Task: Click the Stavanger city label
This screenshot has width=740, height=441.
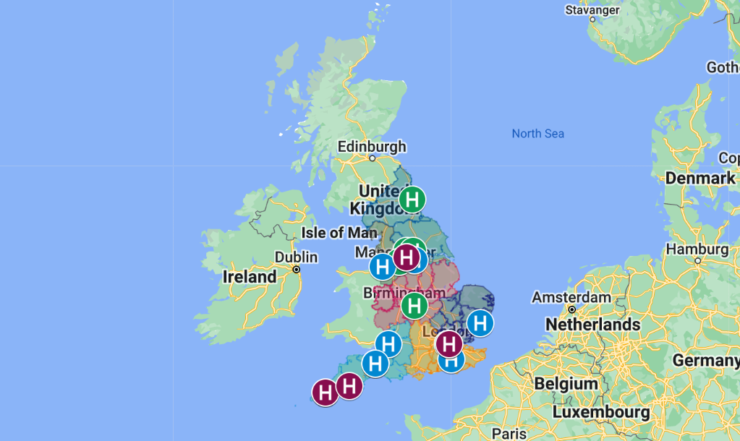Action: click(x=592, y=10)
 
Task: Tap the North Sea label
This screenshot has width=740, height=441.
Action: click(x=537, y=134)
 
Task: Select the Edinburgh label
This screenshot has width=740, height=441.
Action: click(x=372, y=147)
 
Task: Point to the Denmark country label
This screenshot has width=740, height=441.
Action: click(x=699, y=178)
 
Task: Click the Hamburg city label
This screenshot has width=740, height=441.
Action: click(x=697, y=249)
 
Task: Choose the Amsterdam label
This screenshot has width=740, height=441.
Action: click(x=571, y=297)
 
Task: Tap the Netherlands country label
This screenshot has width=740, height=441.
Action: click(x=592, y=325)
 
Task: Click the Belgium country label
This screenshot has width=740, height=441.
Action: click(x=566, y=383)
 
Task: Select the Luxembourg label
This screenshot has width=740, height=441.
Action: click(x=600, y=412)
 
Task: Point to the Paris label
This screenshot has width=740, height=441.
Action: click(x=509, y=434)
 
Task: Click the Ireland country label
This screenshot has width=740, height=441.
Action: click(x=250, y=277)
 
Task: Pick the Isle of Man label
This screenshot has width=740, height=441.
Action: click(x=339, y=233)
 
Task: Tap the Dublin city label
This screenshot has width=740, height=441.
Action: click(x=296, y=257)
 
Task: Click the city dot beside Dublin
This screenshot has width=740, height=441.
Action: click(x=297, y=269)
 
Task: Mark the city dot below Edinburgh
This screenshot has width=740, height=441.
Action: click(x=373, y=158)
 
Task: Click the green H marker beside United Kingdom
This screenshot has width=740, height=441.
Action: click(x=412, y=199)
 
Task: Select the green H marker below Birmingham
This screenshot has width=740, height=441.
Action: click(x=414, y=305)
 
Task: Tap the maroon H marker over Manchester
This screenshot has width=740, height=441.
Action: click(x=407, y=257)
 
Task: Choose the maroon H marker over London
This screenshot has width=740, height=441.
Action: click(x=448, y=343)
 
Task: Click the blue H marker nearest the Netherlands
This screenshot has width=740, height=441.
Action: click(x=480, y=323)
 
